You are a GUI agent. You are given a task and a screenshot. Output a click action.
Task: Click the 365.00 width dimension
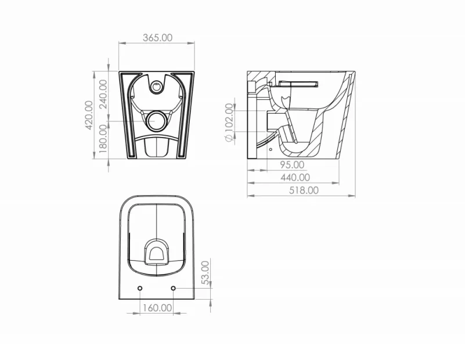click(x=157, y=38)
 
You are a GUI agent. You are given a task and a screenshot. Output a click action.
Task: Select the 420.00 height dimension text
click(x=89, y=115)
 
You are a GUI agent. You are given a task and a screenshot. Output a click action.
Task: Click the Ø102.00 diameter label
click(x=229, y=123)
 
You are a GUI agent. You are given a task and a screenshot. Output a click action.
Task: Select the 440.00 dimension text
click(x=295, y=178)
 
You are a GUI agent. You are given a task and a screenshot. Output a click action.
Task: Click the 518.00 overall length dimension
click(x=304, y=190)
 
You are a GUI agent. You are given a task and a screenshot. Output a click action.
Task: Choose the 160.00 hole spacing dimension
click(x=157, y=308)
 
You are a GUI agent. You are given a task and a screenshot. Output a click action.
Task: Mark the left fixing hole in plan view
click(x=140, y=289)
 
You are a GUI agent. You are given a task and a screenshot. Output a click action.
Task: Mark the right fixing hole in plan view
click(x=175, y=289)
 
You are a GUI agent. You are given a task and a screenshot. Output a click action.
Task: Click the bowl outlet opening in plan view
click(x=157, y=251)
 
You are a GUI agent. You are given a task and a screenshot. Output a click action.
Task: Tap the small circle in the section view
click(x=271, y=148)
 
